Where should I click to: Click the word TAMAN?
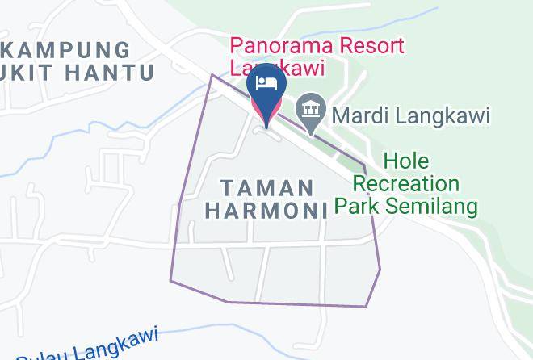[x=267, y=188]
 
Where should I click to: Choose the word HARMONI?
[x=266, y=211]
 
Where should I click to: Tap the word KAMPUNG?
[x=66, y=50]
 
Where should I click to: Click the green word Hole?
[x=406, y=161]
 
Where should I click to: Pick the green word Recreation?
[x=408, y=183]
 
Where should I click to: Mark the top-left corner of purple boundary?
[x=212, y=75]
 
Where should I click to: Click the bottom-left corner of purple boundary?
[x=170, y=281]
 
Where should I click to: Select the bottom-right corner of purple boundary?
[x=367, y=307]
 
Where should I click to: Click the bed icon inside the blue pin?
[x=266, y=83]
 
